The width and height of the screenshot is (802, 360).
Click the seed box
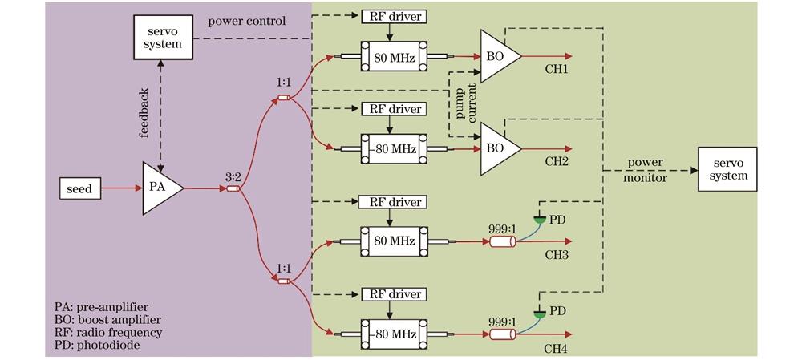tap(79, 189)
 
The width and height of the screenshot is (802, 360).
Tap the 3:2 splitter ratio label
tap(233, 174)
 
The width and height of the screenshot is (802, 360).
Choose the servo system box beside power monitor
tap(728, 169)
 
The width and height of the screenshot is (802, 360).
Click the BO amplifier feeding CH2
tap(498, 149)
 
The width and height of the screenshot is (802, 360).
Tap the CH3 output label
tap(556, 255)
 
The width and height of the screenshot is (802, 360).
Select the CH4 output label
tap(556, 348)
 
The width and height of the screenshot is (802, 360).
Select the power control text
tap(246, 21)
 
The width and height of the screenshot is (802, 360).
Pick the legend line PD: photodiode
tap(100, 345)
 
